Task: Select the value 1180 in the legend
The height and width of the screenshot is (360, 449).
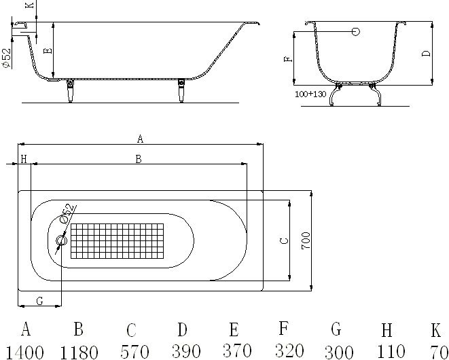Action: point(79,352)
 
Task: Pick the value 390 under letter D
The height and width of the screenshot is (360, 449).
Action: point(182,352)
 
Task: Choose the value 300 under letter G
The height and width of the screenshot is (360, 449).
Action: point(336,351)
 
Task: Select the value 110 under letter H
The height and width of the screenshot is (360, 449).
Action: point(387,351)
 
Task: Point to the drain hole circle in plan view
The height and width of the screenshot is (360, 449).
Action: point(61,240)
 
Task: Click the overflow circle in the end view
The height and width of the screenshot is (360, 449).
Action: point(356,32)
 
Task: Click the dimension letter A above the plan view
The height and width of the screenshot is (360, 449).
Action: point(140,139)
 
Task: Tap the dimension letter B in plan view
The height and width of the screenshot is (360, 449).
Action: point(138,159)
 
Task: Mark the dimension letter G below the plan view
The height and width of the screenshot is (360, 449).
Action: point(39,301)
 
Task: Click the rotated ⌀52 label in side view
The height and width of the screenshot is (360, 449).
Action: point(5,58)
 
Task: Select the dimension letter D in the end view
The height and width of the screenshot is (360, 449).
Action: point(426,54)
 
